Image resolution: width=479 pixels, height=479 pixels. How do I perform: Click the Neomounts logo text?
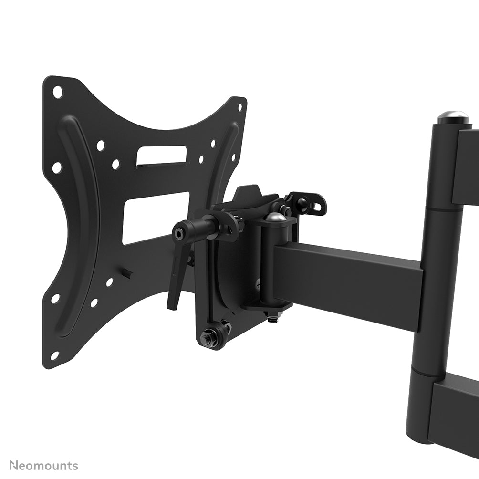(x=43, y=466)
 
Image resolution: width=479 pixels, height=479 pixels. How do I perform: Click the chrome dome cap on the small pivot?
(x=276, y=217)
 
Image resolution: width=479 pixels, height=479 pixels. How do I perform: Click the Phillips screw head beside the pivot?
(x=259, y=285)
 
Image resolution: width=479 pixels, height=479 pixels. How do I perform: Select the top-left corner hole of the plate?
(x=58, y=92)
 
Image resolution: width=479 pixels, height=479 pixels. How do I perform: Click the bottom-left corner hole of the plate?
(x=54, y=355)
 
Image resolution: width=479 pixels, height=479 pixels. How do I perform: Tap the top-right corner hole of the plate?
(x=239, y=106)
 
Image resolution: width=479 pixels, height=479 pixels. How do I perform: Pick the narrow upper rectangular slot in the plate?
(x=161, y=156)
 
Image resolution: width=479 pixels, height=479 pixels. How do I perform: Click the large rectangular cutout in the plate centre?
(x=155, y=218)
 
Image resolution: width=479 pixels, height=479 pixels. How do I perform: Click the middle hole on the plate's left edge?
(x=57, y=168)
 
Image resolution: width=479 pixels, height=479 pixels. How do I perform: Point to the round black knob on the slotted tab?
(x=302, y=203)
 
